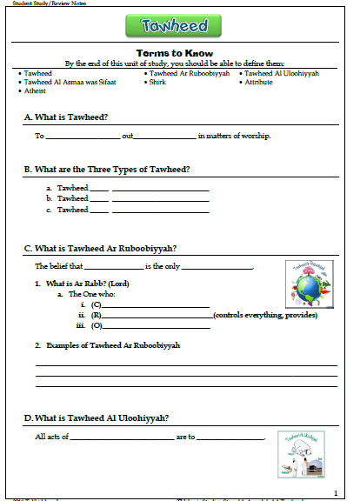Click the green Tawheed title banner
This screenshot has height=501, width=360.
coord(179,26)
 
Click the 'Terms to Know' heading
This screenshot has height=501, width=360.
coord(179,53)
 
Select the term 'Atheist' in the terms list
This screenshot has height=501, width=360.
coord(36,90)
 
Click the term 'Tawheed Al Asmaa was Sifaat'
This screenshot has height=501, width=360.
coord(66,82)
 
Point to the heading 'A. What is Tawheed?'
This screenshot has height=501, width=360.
coord(72,117)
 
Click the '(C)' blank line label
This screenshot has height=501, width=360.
coord(97,304)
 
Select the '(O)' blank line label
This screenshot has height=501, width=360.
coord(97,325)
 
